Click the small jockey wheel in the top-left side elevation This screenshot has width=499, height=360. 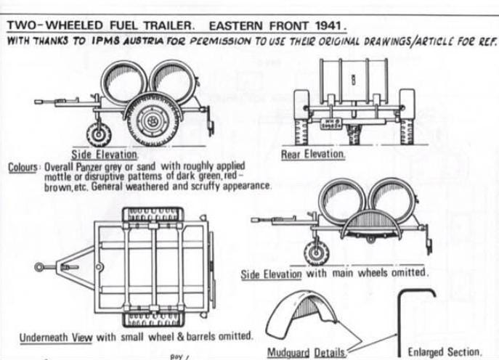[x=100, y=134]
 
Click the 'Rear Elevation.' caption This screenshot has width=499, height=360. [x=313, y=155]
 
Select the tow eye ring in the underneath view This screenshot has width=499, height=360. [x=41, y=268]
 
